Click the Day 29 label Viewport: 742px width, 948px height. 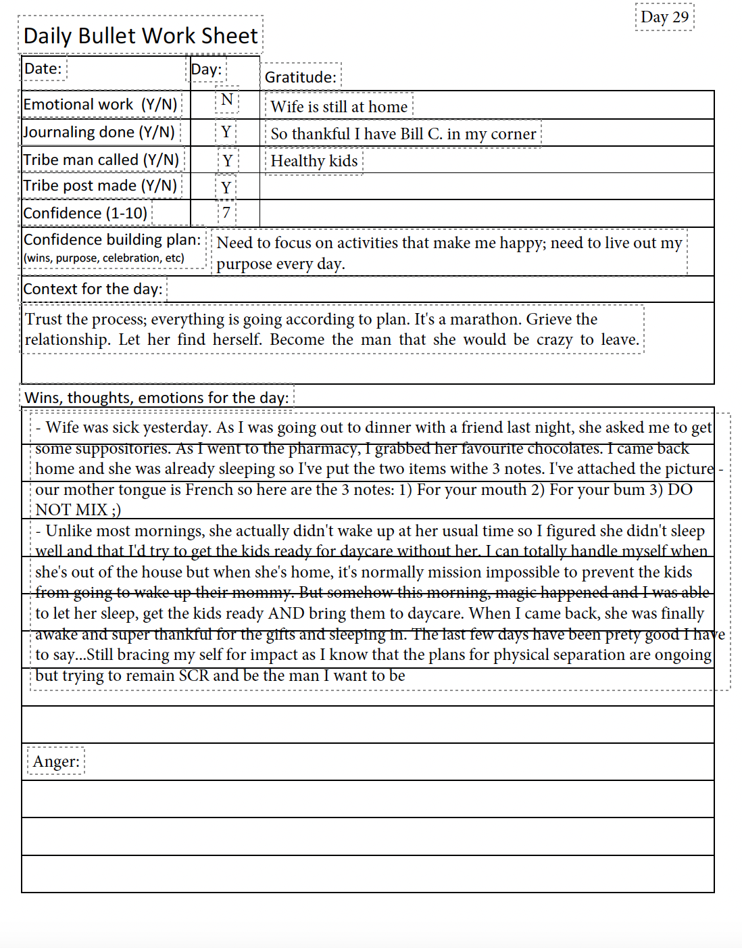[x=664, y=17]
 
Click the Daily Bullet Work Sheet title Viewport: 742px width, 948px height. [x=141, y=35]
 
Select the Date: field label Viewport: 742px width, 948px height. [x=43, y=68]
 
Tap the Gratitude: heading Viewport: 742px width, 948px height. [x=300, y=77]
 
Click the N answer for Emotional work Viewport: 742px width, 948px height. [x=227, y=100]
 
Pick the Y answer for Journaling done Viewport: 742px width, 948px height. [x=226, y=132]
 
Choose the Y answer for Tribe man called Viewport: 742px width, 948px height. [x=228, y=161]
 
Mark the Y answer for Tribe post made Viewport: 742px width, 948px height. [x=226, y=187]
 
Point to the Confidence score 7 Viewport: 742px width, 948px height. [x=226, y=213]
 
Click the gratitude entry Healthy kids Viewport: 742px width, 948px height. [x=314, y=161]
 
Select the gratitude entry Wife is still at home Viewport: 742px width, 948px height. [x=339, y=107]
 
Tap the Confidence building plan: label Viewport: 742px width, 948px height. [x=112, y=240]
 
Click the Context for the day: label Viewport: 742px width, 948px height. [x=93, y=289]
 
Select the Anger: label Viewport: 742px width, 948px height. [x=56, y=761]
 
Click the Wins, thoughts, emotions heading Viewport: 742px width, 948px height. [x=157, y=398]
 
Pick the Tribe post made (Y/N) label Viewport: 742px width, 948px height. [x=100, y=186]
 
